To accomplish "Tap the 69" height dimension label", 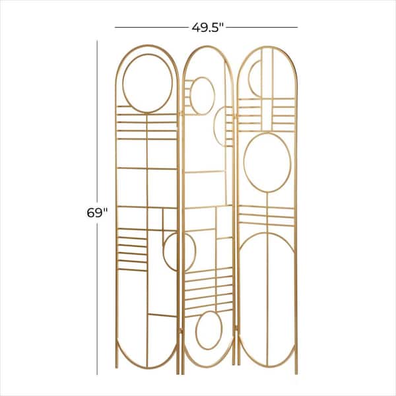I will pyautogui.click(x=96, y=213).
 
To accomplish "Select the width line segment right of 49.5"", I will pyautogui.click(x=264, y=27).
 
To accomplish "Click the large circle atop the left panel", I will pyautogui.click(x=147, y=82).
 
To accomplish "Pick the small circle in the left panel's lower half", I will pyautogui.click(x=179, y=251).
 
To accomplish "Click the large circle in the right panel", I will pyautogui.click(x=267, y=161).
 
